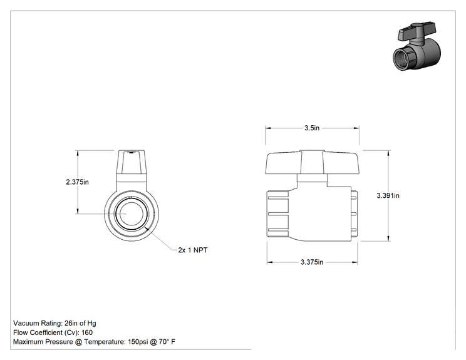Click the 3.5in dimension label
(x=312, y=128)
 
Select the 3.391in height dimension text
(x=388, y=195)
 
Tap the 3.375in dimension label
(x=312, y=262)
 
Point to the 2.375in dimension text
(x=77, y=182)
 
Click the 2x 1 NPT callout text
(x=193, y=250)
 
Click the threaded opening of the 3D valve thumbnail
(x=403, y=60)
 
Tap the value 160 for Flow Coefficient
(x=87, y=332)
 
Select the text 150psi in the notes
(x=138, y=342)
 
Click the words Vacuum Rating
(x=38, y=323)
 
